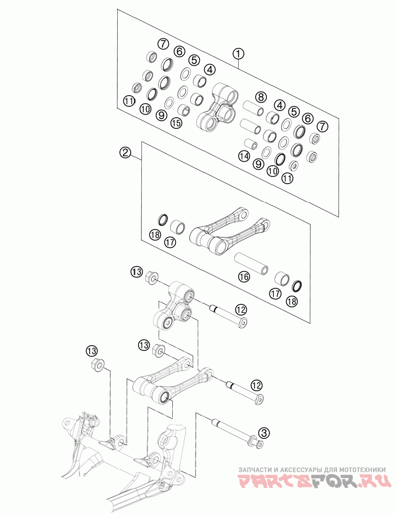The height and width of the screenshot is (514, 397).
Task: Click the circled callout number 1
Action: pyautogui.click(x=238, y=53)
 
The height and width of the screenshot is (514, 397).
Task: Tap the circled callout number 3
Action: pyautogui.click(x=264, y=433)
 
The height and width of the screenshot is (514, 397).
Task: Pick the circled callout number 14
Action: pyautogui.click(x=244, y=156)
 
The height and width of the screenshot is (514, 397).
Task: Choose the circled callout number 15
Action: pyautogui.click(x=176, y=123)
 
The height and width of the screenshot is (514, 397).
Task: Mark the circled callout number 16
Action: pyautogui.click(x=244, y=277)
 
